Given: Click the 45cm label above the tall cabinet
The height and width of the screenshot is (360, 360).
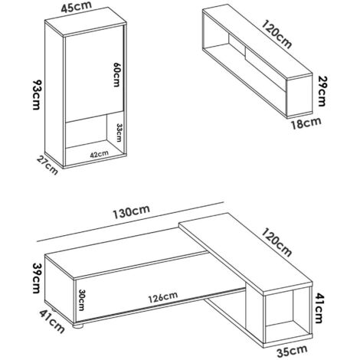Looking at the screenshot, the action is coord(77,7).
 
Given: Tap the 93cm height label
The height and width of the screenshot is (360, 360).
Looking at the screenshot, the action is coord(36,95).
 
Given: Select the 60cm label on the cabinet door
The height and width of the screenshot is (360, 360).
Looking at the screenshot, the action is coord(116,74).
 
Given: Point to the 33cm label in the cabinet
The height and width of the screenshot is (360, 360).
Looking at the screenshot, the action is coord(119,133).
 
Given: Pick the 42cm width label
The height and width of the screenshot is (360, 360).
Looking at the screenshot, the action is coord(100,154).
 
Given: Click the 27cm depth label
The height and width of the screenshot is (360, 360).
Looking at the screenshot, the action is coord(47,165).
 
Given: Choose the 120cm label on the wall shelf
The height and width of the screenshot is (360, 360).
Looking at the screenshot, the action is coord(277,34).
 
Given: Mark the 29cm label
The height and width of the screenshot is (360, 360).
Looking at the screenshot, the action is coord(321,91).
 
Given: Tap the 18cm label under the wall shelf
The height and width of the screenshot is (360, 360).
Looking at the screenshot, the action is coord(306,123).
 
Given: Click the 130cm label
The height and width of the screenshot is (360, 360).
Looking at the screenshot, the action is coord(131,212).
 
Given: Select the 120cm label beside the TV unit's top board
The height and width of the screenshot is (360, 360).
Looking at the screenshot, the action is coord(277,242).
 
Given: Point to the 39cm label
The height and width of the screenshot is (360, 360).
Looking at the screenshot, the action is coord(36,278).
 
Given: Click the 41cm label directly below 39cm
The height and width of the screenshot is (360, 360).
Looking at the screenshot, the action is coord(52,321).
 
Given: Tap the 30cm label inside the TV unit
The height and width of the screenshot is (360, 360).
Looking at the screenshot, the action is coord(81,300).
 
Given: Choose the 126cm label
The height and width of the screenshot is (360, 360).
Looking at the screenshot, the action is coord(163,297).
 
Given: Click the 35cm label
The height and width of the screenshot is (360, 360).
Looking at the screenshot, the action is coord(292,352).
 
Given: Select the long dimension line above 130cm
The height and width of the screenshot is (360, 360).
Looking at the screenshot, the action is coord(130,221).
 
